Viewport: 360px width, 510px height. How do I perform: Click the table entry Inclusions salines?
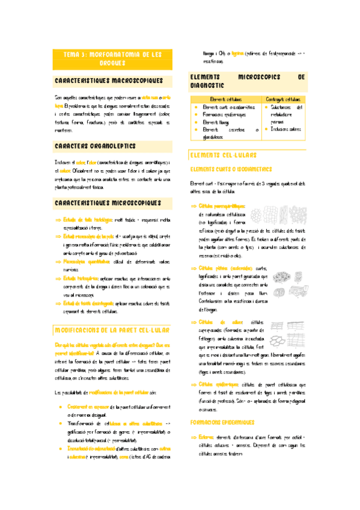[287, 129]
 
